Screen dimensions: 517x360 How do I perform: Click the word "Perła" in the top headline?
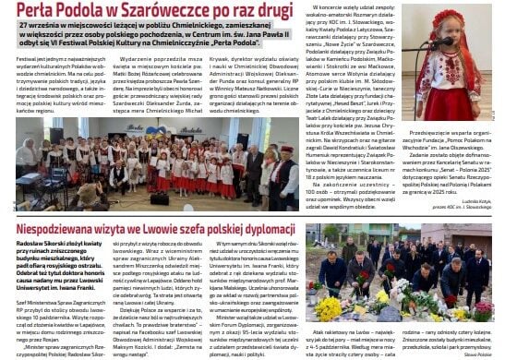tap(37, 13)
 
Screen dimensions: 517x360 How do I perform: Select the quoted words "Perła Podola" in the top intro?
tap(228, 43)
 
